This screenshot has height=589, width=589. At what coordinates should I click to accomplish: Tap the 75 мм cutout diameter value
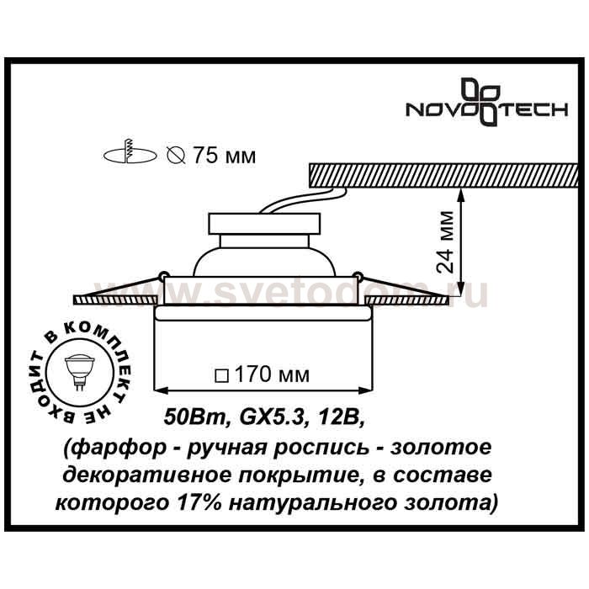[225, 155]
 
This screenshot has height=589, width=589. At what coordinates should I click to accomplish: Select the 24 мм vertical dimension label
[445, 241]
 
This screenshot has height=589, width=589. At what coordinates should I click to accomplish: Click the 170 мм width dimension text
[273, 374]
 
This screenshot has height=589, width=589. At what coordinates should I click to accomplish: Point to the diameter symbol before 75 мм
[175, 155]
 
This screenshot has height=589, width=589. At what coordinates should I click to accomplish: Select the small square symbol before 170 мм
[222, 375]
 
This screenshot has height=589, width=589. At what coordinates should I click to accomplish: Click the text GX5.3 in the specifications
[271, 417]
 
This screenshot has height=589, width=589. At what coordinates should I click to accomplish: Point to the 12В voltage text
[339, 417]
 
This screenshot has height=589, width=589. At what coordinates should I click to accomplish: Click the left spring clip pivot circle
[162, 275]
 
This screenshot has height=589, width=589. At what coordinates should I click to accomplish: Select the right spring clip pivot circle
[358, 275]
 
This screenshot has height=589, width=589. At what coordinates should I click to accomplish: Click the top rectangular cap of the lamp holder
[265, 224]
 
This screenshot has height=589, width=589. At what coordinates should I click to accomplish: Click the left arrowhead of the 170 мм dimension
[161, 391]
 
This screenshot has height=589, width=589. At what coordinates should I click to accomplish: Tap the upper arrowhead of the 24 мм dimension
[461, 194]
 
